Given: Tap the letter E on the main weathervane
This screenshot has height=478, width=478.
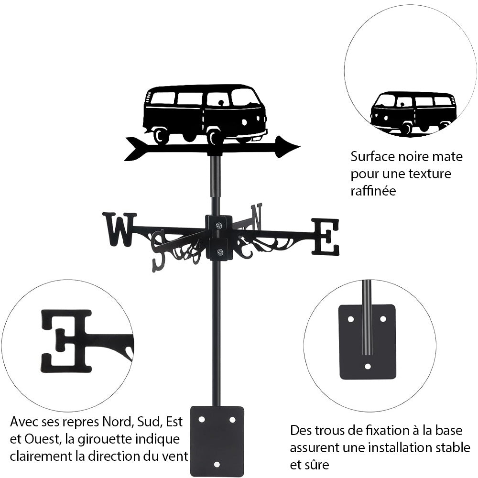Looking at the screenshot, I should tap(326, 237).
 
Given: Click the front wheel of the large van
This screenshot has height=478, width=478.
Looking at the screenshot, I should tap(215, 137).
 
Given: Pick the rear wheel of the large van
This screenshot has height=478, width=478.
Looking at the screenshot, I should tap(161, 136).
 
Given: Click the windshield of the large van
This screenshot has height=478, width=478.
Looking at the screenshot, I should tap(244, 98).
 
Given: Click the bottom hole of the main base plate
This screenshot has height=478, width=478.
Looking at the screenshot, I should tap(217, 464).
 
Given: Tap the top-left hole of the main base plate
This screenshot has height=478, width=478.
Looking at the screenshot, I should tap(201, 419).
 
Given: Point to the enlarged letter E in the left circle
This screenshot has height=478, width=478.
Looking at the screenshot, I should tap(67, 340).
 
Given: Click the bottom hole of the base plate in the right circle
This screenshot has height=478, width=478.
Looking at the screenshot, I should tap(367, 367).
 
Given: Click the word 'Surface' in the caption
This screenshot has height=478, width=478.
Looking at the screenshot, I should tap(373, 157).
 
